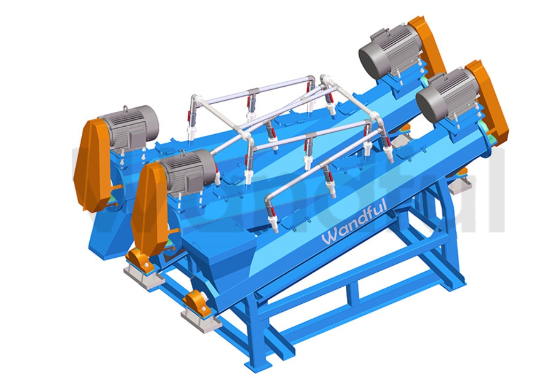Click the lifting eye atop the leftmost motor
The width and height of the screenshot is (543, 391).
(126, 109)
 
